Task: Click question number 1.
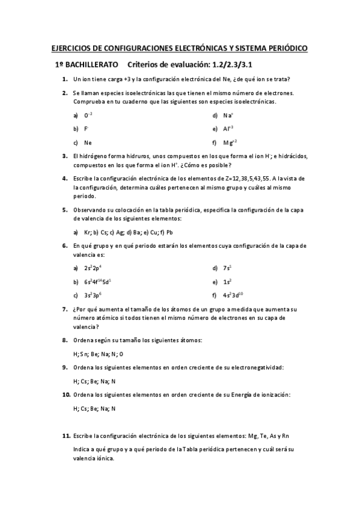pyautogui.click(x=64, y=79)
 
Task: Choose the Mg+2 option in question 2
pyautogui.click(x=230, y=143)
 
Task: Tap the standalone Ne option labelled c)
pyautogui.click(x=88, y=143)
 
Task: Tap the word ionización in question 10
pyautogui.click(x=272, y=395)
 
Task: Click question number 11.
pyautogui.click(x=67, y=435)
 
